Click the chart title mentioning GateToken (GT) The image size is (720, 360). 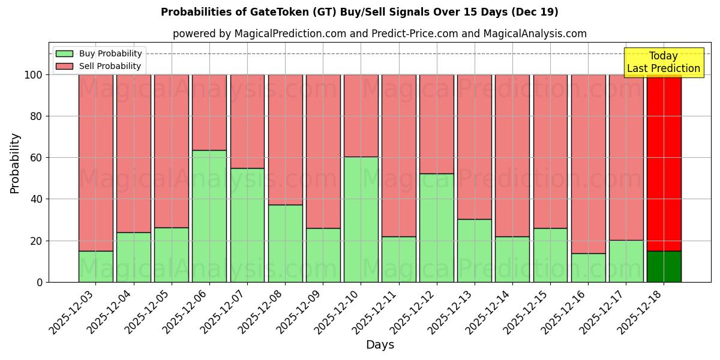pyautogui.click(x=359, y=12)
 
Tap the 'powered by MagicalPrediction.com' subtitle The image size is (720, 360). pyautogui.click(x=379, y=34)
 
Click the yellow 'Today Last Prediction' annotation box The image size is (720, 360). pyautogui.click(x=664, y=62)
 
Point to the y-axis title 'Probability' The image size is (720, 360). pyautogui.click(x=15, y=163)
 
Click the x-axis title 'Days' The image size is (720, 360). pyautogui.click(x=380, y=345)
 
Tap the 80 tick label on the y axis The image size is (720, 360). pyautogui.click(x=37, y=116)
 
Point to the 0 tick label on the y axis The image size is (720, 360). pyautogui.click(x=40, y=282)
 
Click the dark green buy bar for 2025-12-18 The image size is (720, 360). pyautogui.click(x=664, y=266)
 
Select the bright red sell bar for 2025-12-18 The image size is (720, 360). pyautogui.click(x=664, y=162)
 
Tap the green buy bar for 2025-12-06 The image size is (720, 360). pyautogui.click(x=209, y=216)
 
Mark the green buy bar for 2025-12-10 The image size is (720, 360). pyautogui.click(x=361, y=219)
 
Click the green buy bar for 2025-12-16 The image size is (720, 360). pyautogui.click(x=588, y=268)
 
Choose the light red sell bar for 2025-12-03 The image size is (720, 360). pyautogui.click(x=96, y=162)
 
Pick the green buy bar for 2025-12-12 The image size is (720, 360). pyautogui.click(x=437, y=228)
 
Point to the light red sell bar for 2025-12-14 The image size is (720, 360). pyautogui.click(x=512, y=155)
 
